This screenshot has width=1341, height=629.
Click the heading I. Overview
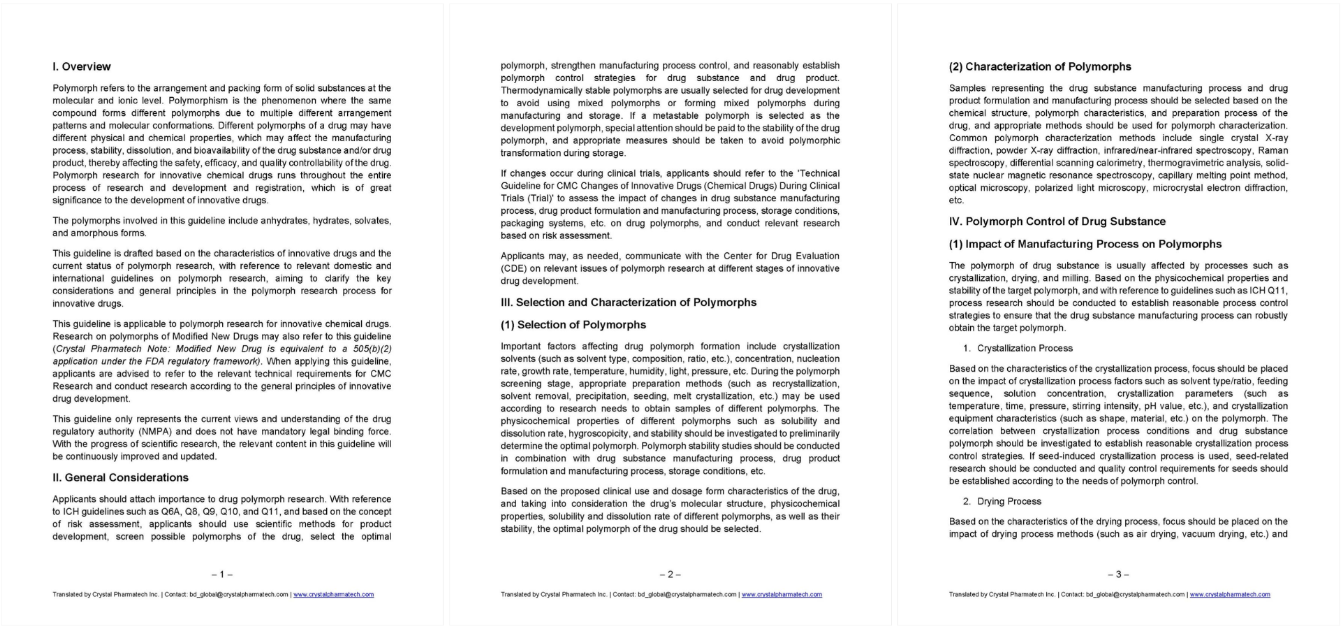point(81,67)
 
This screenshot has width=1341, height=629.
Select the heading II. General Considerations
point(120,478)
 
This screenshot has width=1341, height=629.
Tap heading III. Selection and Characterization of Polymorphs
point(628,303)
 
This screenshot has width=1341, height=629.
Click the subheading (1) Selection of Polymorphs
point(573,325)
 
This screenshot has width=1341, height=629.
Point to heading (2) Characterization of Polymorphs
point(1039,67)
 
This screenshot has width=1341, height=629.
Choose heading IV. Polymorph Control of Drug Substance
point(1057,222)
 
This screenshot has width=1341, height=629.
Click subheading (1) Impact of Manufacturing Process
point(1085,244)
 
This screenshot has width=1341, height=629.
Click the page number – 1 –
point(221,574)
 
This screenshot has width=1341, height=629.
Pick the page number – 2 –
point(670,574)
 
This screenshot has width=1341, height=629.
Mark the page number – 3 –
point(1118,574)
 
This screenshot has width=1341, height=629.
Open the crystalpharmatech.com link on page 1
point(333,595)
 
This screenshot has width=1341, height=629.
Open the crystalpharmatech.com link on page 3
point(1229,595)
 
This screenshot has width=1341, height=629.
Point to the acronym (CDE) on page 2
point(513,268)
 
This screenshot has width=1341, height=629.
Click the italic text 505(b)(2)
point(372,349)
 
